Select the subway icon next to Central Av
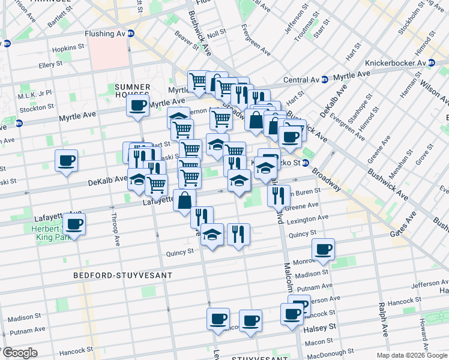click(324, 79)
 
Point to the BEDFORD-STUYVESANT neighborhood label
click(122, 275)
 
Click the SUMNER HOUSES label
click(132, 91)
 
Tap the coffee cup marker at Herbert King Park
click(74, 225)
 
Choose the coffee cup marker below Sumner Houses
click(137, 107)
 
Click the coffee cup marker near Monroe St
click(323, 248)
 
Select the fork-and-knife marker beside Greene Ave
click(277, 195)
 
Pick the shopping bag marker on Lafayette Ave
click(184, 200)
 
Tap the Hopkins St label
click(68, 47)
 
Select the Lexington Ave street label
click(307, 219)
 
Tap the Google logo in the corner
click(20, 353)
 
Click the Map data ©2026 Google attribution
click(411, 355)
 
